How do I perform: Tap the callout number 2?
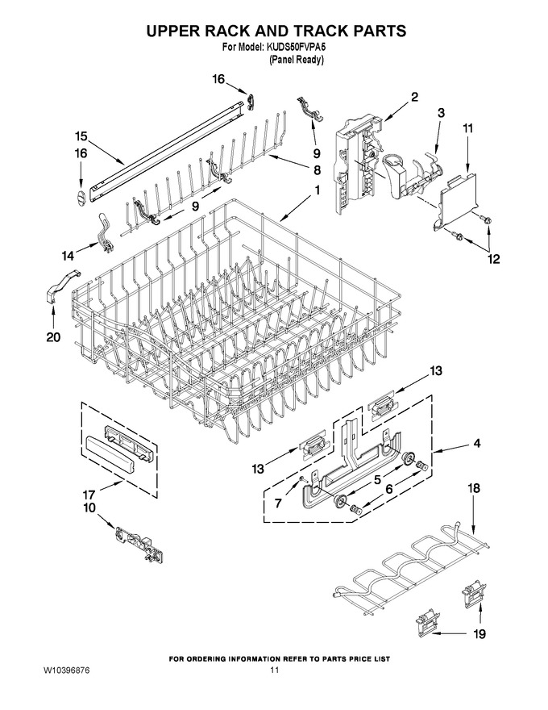pos(414,97)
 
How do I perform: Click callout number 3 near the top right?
pos(441,113)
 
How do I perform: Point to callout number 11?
pos(467,128)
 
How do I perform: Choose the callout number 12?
pos(493,259)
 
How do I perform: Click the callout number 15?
pos(81,136)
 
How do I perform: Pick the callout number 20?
pos(53,337)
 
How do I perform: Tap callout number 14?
pos(68,257)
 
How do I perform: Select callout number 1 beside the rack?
pos(317,190)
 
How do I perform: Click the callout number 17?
pos(90,495)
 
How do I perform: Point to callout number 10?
pos(89,508)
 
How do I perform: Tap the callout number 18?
pos(473,489)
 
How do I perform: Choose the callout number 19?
pos(479,634)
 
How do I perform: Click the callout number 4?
pos(476,443)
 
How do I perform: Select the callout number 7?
pos(278,503)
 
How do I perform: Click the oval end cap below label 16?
pos(80,198)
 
